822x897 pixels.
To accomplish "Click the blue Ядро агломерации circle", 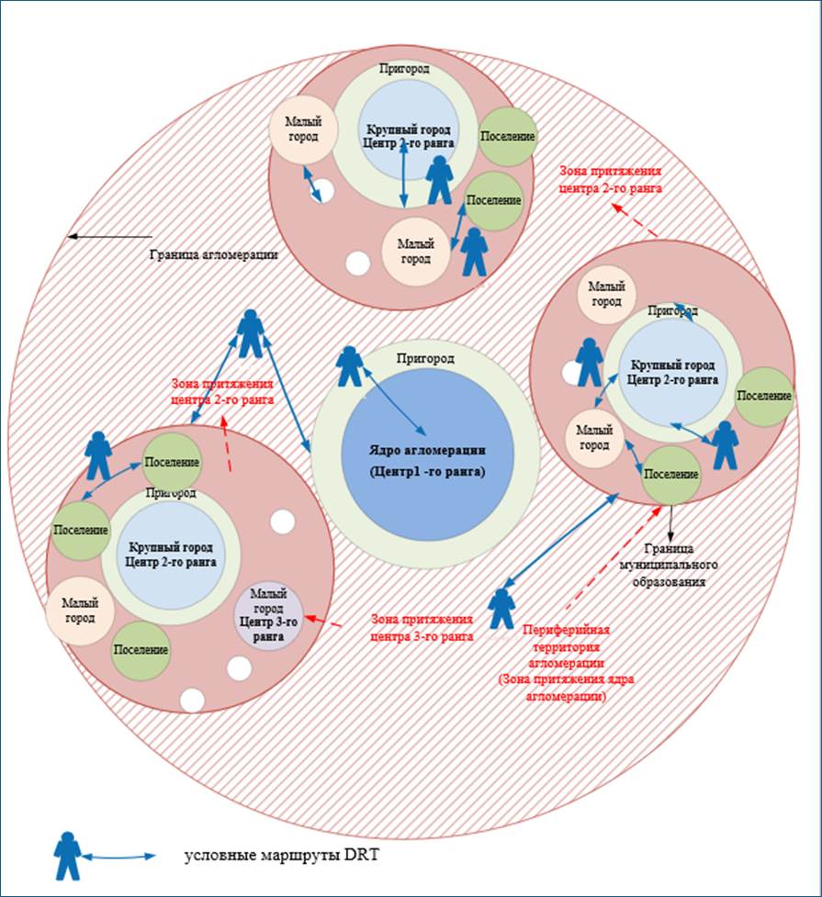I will coord(427,459).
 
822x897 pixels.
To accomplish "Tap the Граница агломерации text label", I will coord(214,254).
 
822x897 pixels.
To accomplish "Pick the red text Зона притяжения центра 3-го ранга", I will coord(422,627).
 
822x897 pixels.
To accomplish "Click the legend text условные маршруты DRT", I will coord(282,857).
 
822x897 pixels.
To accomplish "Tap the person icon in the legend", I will coord(67,856).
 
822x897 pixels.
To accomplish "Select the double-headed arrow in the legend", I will coord(119,857).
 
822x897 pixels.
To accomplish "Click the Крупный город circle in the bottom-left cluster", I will coord(172,555).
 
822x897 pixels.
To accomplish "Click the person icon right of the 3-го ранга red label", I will coord(501,608).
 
